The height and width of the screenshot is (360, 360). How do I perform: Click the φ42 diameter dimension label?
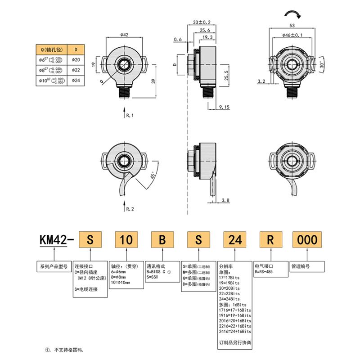[x=125, y=35]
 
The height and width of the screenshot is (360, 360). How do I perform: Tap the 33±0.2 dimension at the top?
[x=202, y=22]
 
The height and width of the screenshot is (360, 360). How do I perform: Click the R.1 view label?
[x=130, y=116]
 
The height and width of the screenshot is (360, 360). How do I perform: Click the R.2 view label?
[x=130, y=209]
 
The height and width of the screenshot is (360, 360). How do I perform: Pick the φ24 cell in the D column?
[x=76, y=80]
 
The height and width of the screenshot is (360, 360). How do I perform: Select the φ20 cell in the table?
[x=76, y=59]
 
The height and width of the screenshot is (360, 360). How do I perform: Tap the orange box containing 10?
[x=126, y=240]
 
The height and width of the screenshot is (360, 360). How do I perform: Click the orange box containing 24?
[x=235, y=240]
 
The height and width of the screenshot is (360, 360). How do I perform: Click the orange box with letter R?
[x=270, y=240]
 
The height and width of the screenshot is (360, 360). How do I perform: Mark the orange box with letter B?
[x=162, y=240]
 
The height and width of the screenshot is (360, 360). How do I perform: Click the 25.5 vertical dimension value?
[x=227, y=75]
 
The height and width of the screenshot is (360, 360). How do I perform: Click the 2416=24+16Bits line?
[x=234, y=331]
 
